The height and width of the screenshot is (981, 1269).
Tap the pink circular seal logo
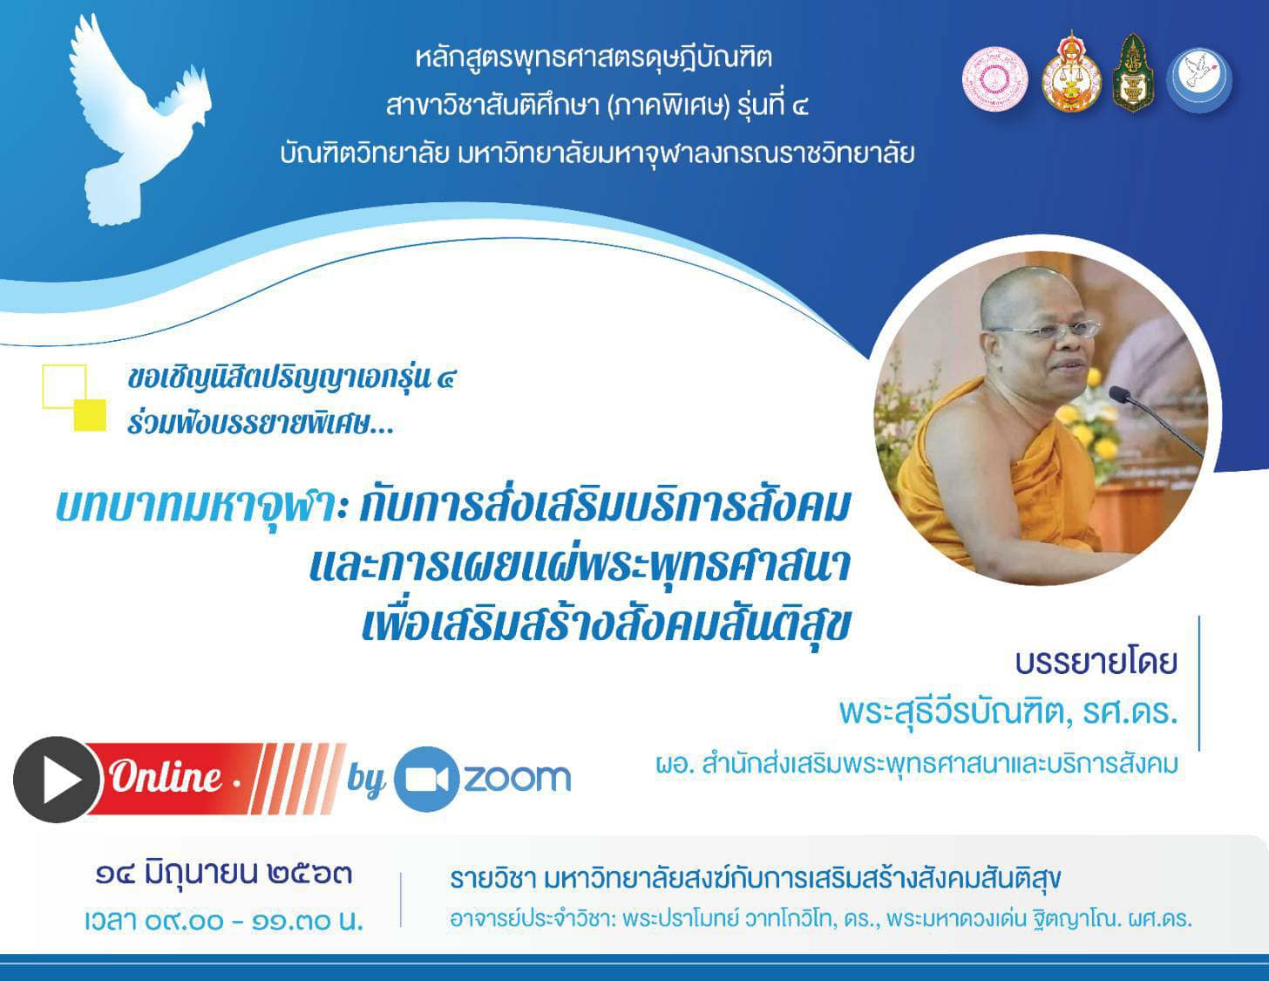pyautogui.click(x=995, y=78)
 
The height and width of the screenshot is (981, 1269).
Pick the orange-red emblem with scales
pyautogui.click(x=1072, y=72)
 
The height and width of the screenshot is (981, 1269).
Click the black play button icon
pyautogui.click(x=57, y=780)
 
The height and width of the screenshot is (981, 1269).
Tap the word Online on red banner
pyautogui.click(x=166, y=778)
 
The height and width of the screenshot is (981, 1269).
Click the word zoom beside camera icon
pyautogui.click(x=517, y=778)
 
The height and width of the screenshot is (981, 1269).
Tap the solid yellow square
pyautogui.click(x=90, y=415)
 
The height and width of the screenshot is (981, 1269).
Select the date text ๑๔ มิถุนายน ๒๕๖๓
pyautogui.click(x=224, y=875)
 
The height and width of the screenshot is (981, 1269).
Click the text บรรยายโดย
pyautogui.click(x=1096, y=663)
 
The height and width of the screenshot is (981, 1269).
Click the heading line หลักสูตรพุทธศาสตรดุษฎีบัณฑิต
pyautogui.click(x=594, y=58)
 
